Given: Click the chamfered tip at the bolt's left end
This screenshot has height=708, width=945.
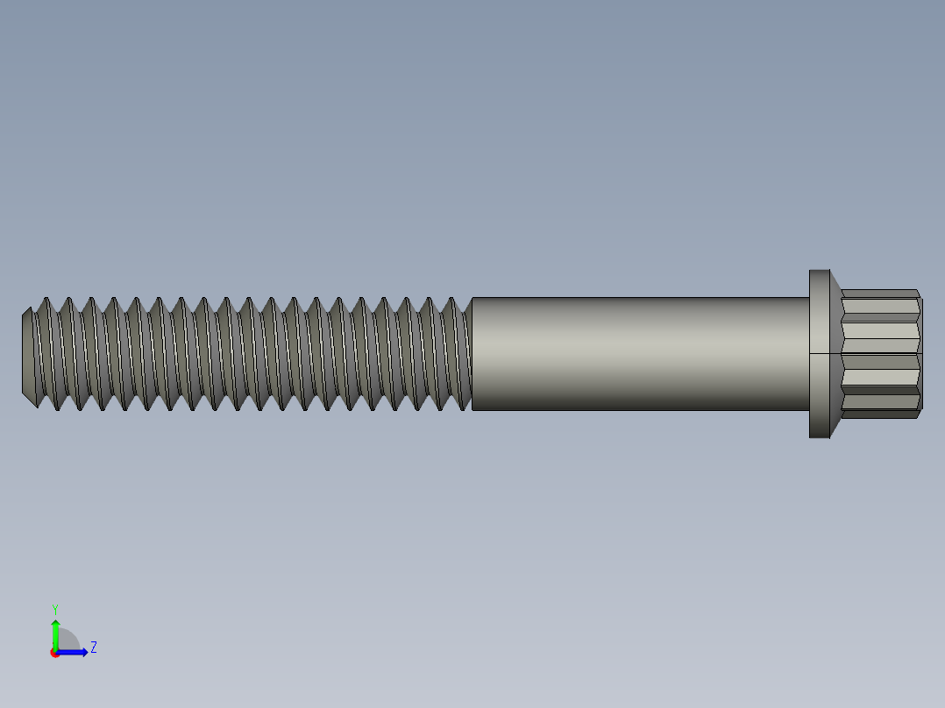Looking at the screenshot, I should [x=27, y=354].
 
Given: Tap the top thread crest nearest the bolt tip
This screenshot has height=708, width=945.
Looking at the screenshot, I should [x=46, y=300].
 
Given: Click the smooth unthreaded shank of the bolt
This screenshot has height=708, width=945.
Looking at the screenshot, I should [x=640, y=354].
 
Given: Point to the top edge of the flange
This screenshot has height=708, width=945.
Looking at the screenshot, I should [x=819, y=271].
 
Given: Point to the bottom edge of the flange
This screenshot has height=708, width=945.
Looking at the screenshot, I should [x=819, y=436].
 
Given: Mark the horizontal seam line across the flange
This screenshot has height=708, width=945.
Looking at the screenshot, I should [x=819, y=354].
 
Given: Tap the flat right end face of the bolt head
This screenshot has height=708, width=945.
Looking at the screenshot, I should [x=920, y=354].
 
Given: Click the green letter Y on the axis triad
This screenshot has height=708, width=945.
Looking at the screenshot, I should [x=54, y=609].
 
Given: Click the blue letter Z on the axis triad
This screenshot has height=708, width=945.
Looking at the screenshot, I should [x=93, y=648].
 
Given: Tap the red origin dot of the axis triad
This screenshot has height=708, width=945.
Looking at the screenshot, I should [x=55, y=653].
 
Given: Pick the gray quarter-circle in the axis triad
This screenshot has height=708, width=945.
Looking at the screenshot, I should [x=68, y=641].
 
